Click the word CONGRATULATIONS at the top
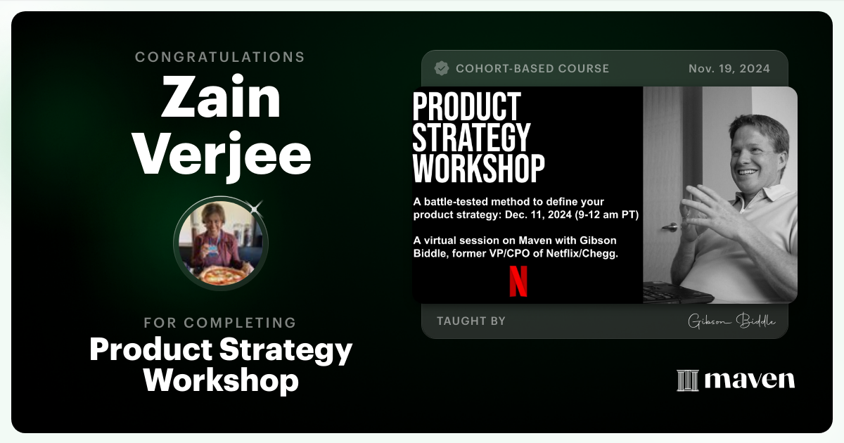220,57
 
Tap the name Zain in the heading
220,98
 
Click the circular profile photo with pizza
220,243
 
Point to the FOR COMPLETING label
220,323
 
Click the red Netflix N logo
518,281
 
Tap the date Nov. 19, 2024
729,68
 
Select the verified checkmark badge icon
442,68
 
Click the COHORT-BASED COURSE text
532,68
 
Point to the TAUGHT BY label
471,321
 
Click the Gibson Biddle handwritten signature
731,321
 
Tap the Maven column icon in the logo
687,380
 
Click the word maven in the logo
749,380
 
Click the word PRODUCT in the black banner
466,107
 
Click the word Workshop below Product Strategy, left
221,380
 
